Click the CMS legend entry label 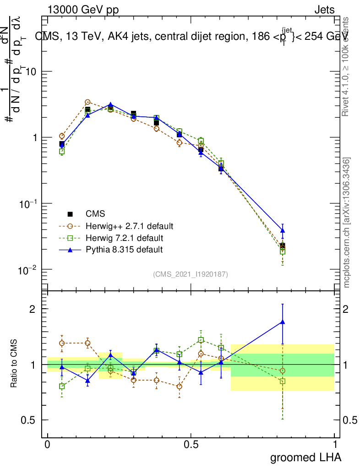[x=95, y=214]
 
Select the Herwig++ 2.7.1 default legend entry [x=129, y=226]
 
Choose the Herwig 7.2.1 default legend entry [x=124, y=238]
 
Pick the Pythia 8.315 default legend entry [x=124, y=250]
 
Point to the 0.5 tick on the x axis [x=191, y=444]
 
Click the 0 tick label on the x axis [x=48, y=444]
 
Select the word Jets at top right [x=324, y=10]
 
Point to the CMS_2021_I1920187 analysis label [x=191, y=274]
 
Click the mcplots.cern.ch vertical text [x=347, y=223]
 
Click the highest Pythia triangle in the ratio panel [x=283, y=322]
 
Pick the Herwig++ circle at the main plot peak [x=87, y=102]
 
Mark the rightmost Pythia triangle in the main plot [x=283, y=230]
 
